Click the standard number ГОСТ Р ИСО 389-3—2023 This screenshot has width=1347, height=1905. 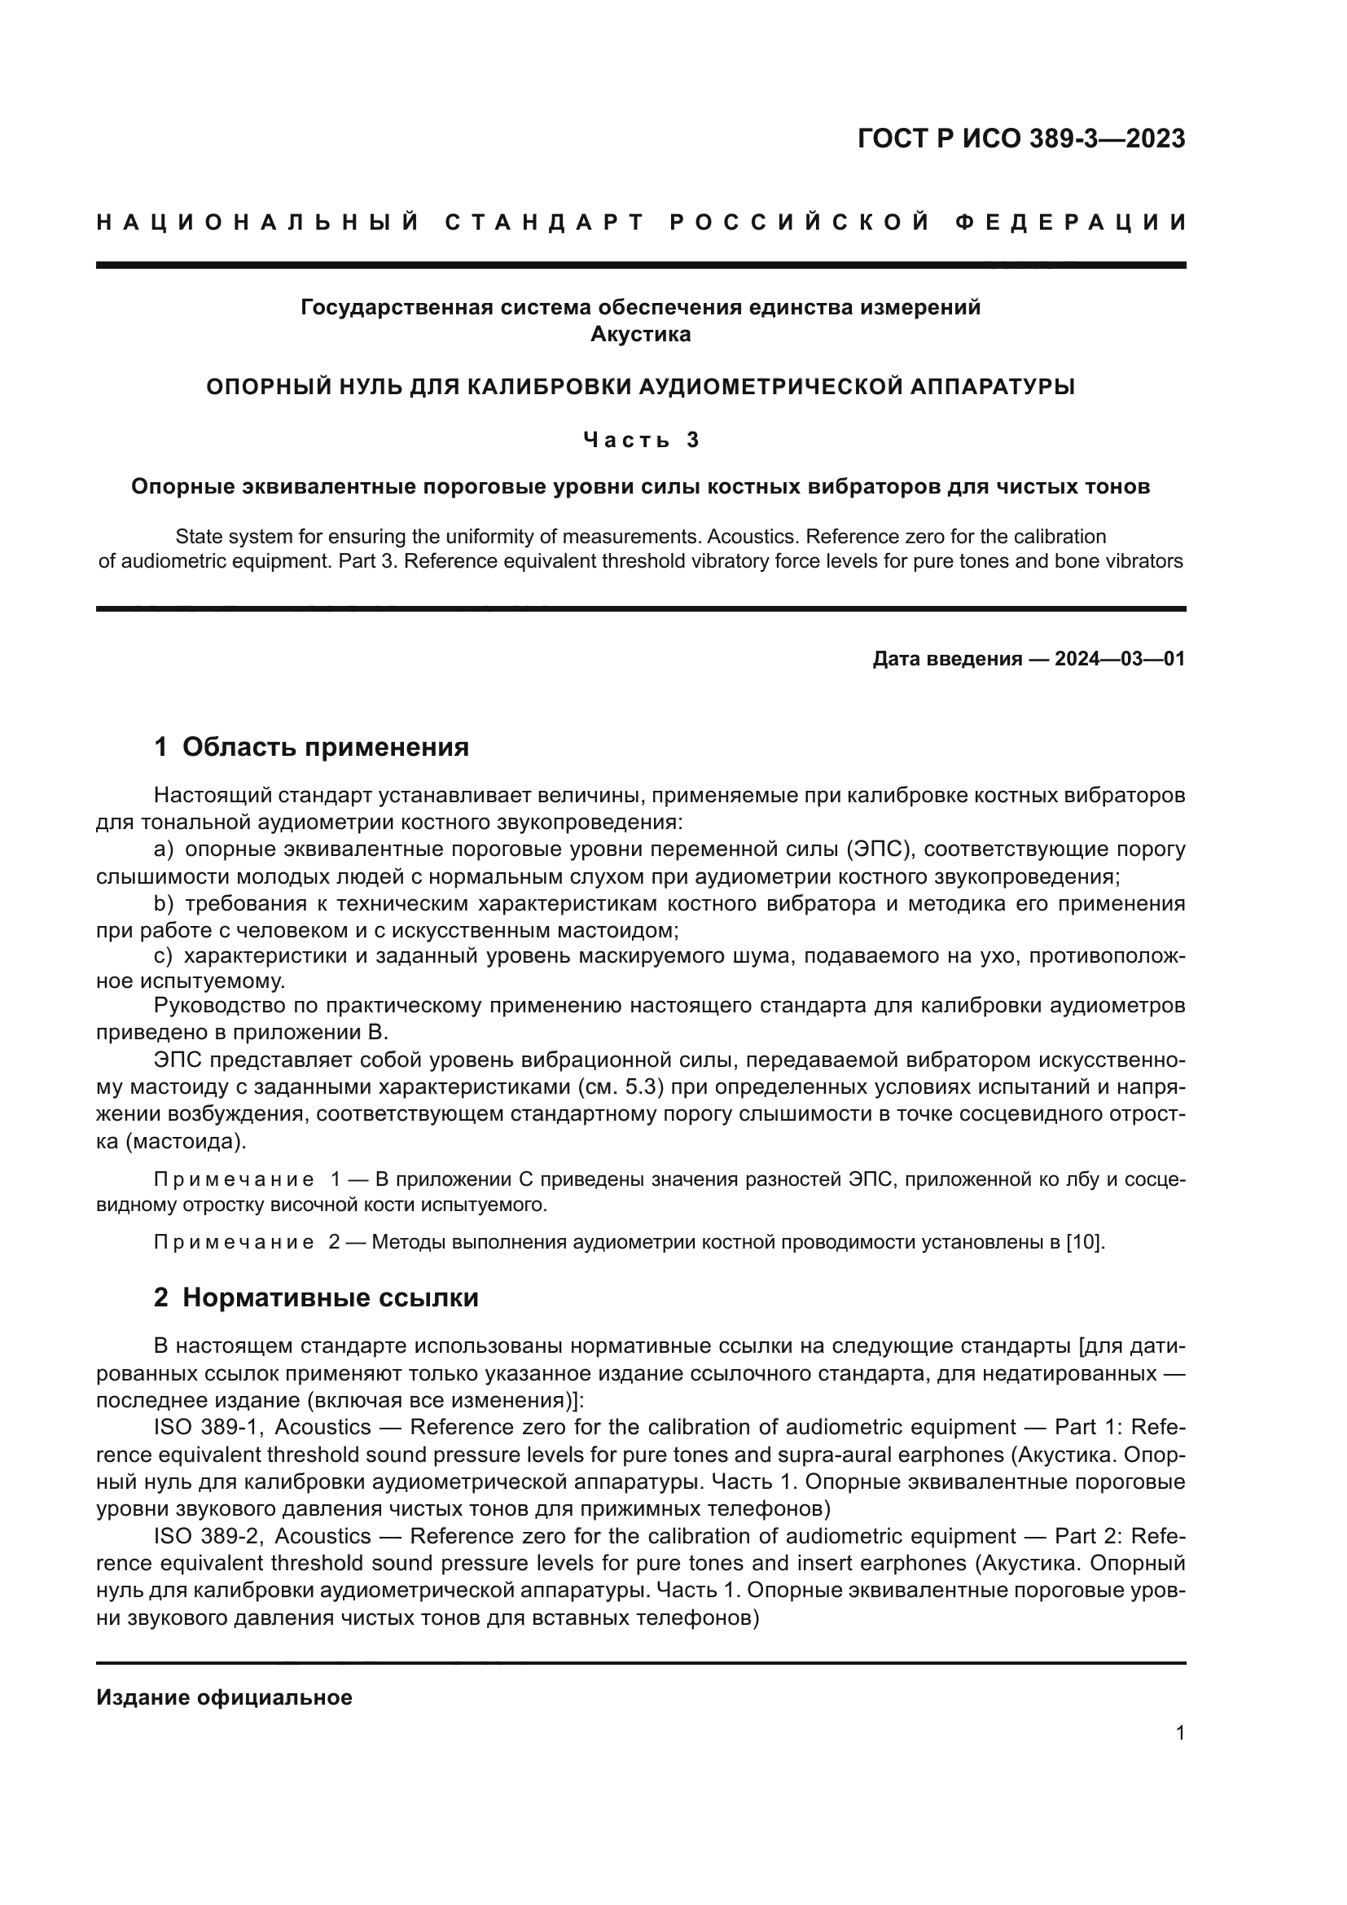[x=1021, y=139]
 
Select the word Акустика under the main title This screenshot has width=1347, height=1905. [x=639, y=335]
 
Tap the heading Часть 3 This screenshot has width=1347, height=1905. [x=640, y=440]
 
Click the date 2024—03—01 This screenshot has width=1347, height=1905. [x=1119, y=659]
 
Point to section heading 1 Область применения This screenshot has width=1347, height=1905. [x=311, y=747]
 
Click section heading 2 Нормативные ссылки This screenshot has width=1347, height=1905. [x=316, y=1297]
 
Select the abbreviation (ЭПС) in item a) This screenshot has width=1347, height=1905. [x=879, y=849]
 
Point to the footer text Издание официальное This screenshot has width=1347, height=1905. [x=224, y=1697]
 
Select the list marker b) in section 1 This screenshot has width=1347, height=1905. [x=164, y=902]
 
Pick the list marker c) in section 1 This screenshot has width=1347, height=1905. [x=164, y=955]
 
